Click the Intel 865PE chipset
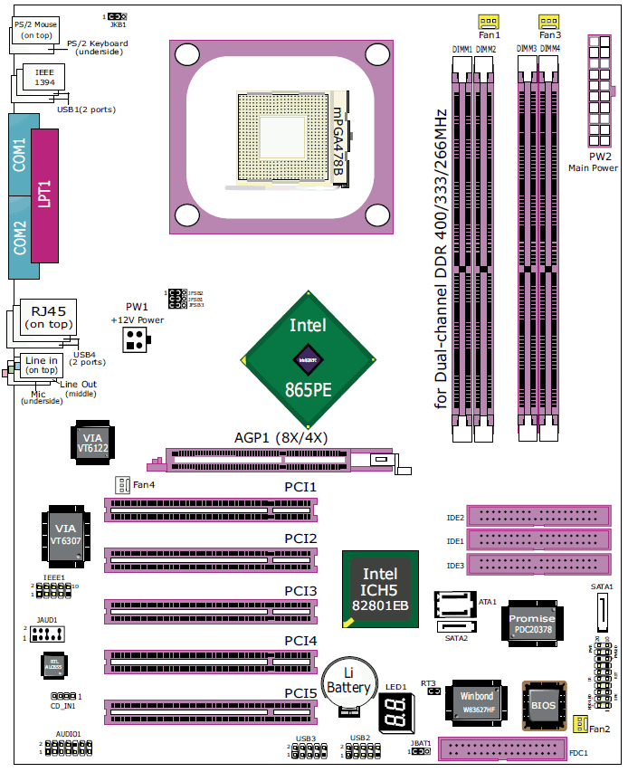coord(308,359)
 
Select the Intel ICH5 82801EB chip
coord(379,588)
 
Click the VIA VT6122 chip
coord(91,443)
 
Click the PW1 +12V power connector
coord(138,339)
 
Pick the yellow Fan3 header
coord(548,21)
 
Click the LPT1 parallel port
coord(44,194)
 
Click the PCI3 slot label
coord(300,591)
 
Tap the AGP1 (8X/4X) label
coord(281,437)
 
